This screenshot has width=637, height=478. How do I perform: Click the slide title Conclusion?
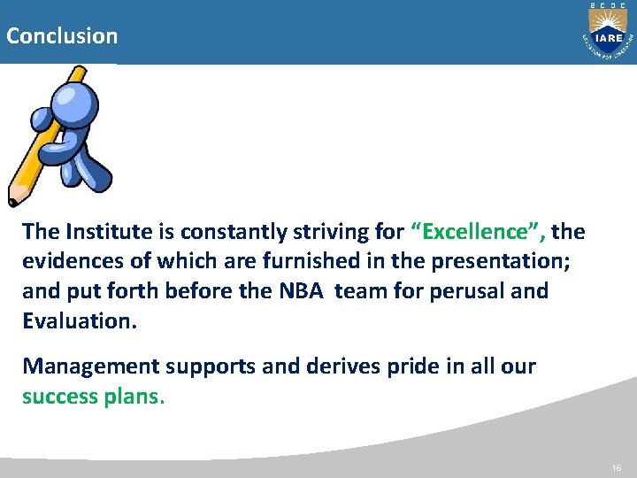tap(61, 36)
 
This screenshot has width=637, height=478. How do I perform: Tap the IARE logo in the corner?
tap(606, 35)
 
